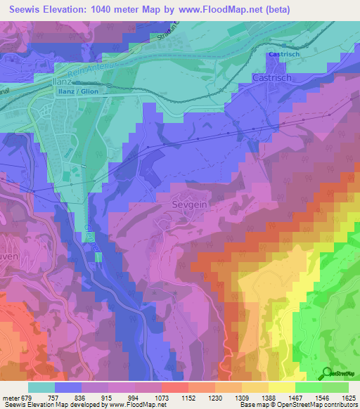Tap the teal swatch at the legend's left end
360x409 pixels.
tap(41, 387)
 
